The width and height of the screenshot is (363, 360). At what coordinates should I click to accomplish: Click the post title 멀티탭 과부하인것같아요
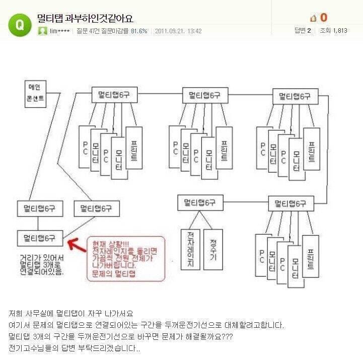click(85, 19)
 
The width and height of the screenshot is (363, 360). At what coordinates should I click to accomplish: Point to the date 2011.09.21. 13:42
click(178, 31)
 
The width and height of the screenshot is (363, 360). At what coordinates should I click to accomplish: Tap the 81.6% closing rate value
click(139, 31)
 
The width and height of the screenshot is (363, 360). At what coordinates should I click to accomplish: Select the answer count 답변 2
click(303, 31)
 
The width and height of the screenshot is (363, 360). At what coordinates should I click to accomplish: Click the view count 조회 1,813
click(333, 31)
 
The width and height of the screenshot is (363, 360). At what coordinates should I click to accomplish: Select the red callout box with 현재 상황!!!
click(125, 258)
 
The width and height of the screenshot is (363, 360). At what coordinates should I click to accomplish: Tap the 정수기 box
click(213, 249)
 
